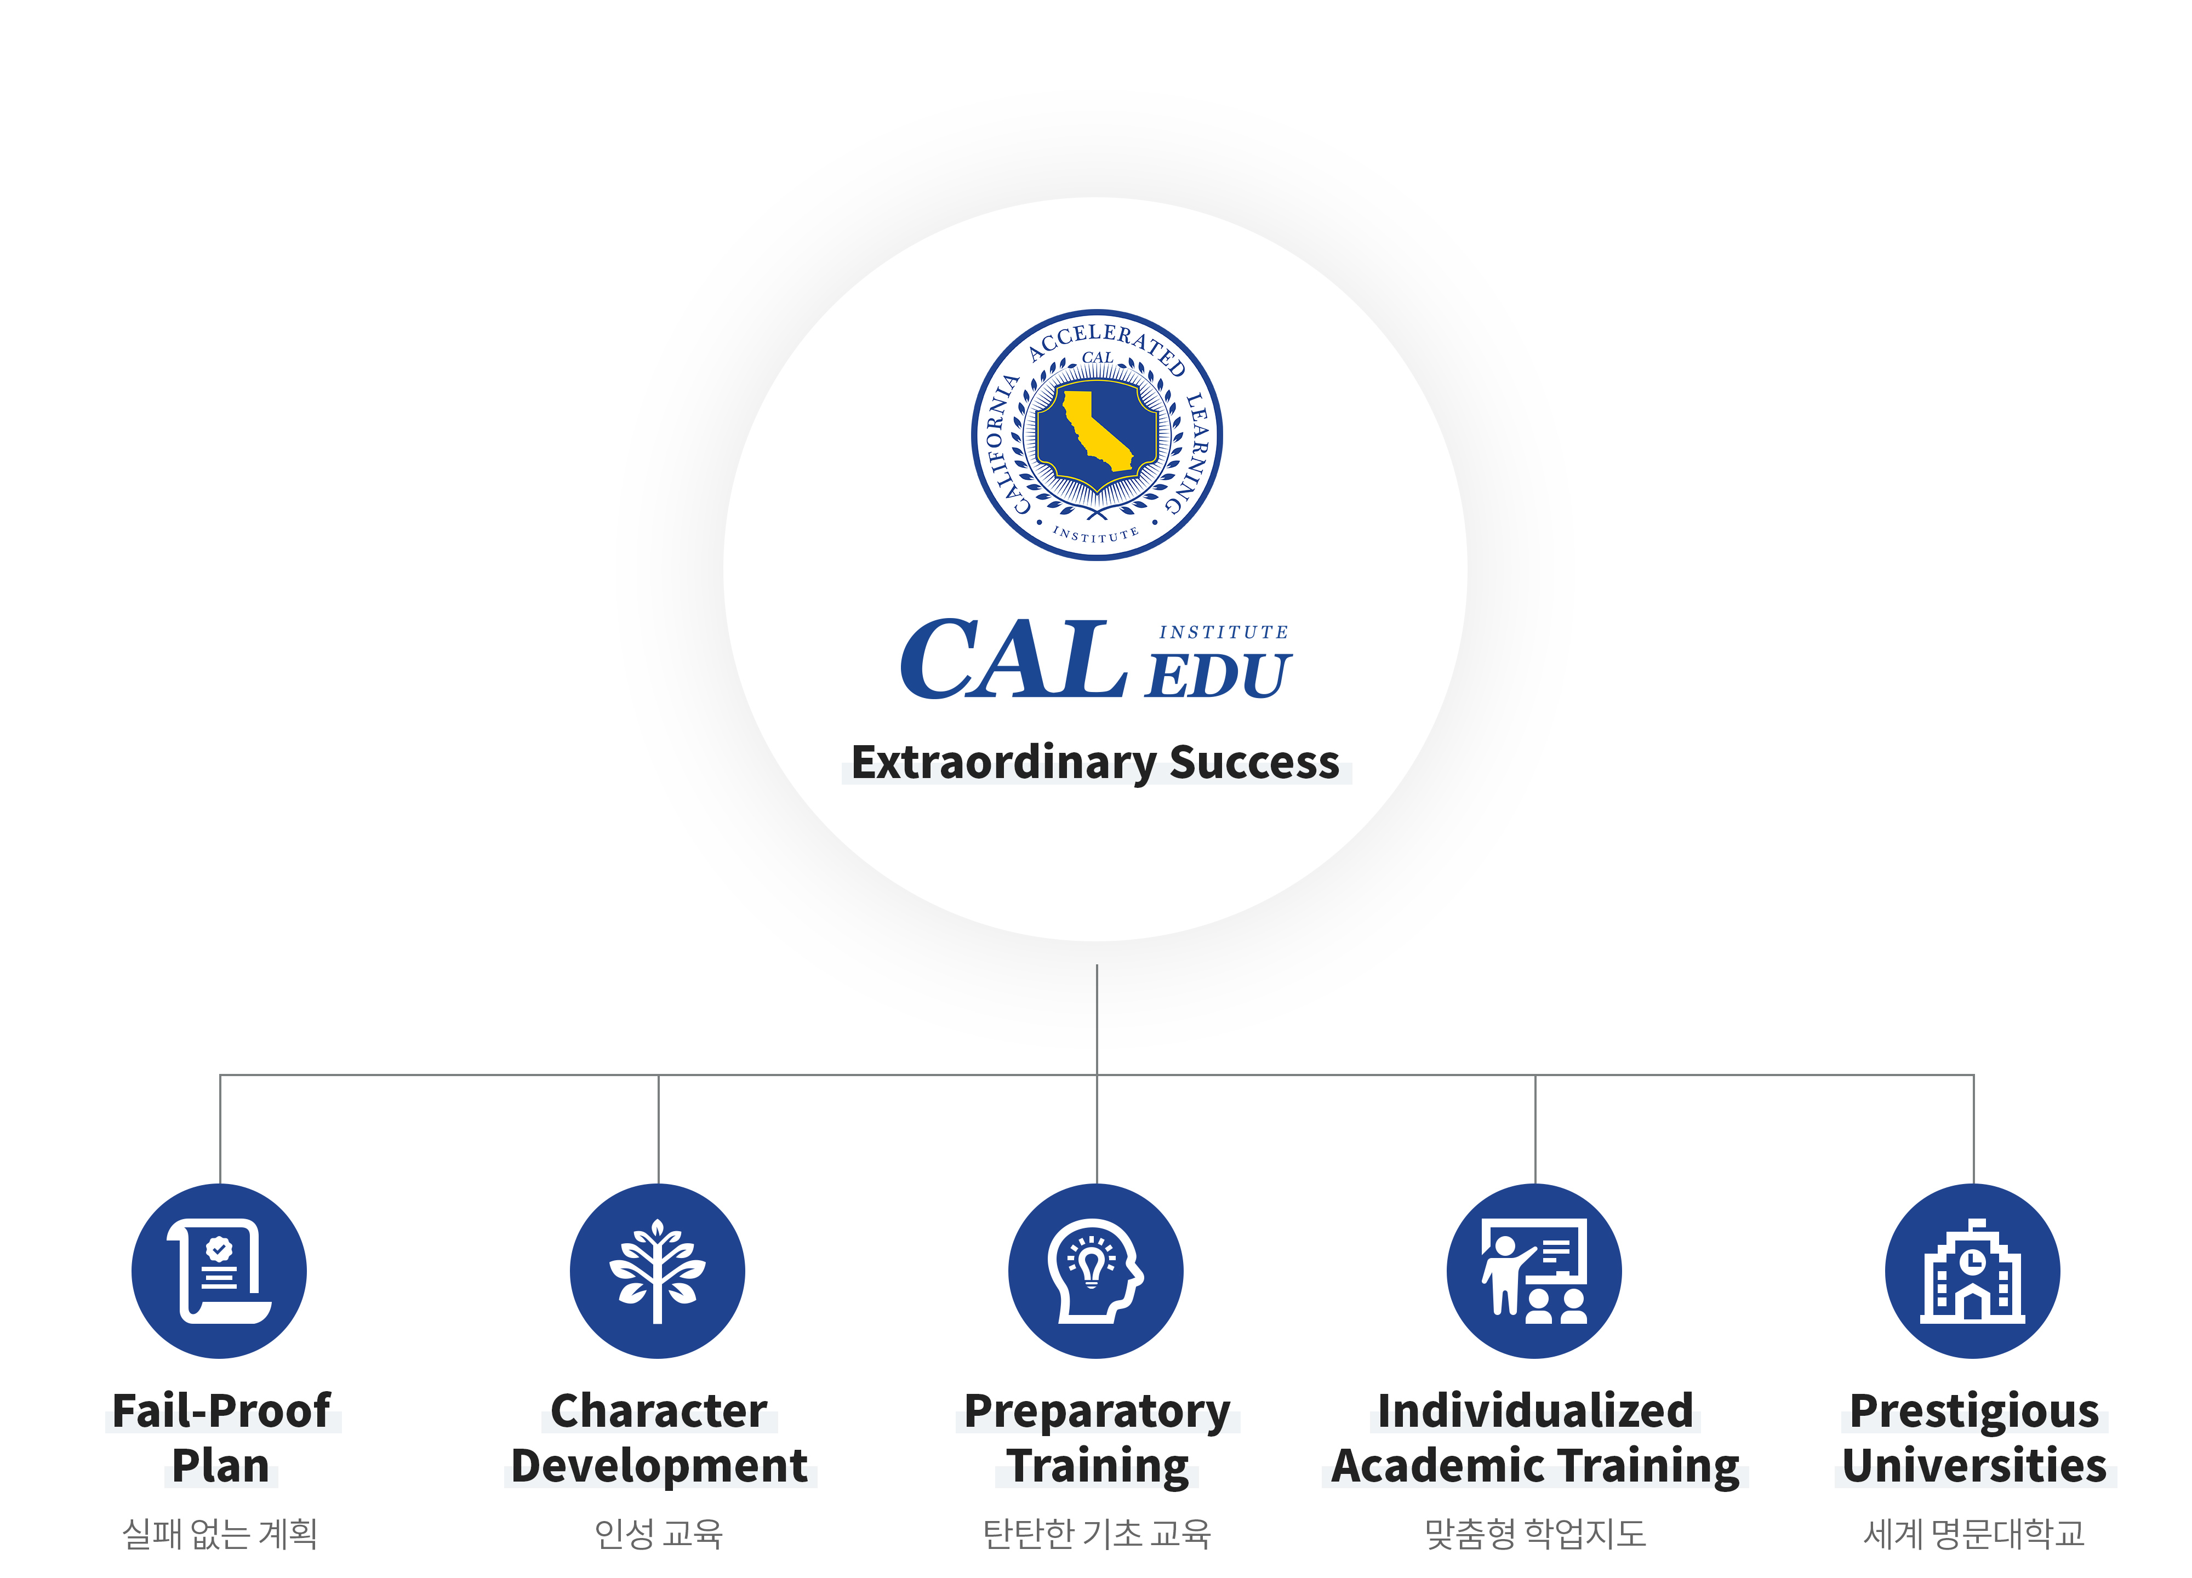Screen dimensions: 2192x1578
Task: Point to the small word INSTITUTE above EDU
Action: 1224,632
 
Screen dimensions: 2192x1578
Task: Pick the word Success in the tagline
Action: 1254,763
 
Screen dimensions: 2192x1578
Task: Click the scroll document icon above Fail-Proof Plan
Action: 219,1271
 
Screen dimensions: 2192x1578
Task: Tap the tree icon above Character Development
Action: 657,1271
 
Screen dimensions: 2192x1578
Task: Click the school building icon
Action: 1973,1271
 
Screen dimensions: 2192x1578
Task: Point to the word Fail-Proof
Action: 221,1411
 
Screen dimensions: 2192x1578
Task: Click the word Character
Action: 659,1411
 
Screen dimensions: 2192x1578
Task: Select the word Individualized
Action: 1535,1411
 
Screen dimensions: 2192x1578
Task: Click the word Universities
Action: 1974,1466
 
